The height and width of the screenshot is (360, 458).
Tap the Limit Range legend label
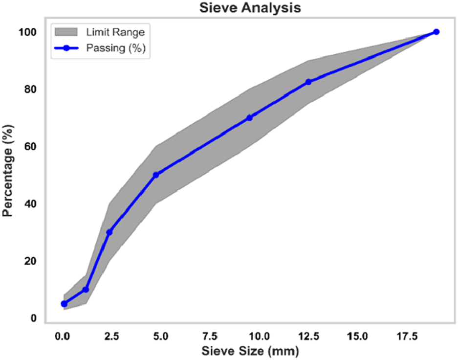click(115, 32)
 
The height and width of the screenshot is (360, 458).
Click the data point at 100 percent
click(436, 32)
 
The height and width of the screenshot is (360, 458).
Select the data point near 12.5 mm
click(308, 82)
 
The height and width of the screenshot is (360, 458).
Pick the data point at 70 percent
click(249, 117)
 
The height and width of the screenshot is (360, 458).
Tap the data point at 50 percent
click(156, 175)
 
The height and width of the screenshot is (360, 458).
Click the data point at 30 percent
click(109, 232)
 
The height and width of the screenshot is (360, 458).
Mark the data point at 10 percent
click(86, 290)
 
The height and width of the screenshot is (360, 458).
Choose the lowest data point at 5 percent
click(64, 304)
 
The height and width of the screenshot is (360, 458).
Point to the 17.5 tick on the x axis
click(407, 337)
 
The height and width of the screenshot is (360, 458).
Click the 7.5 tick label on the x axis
click(210, 337)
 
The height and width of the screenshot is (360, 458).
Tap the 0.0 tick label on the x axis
click(63, 337)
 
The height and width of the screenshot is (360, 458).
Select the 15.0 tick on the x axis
click(358, 337)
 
